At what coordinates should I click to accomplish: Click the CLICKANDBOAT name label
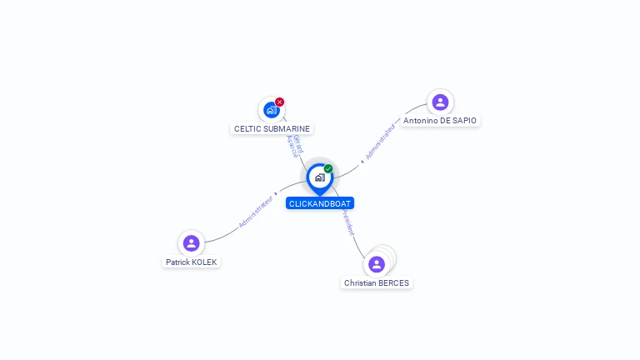(x=320, y=203)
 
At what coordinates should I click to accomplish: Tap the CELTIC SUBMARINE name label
(x=272, y=129)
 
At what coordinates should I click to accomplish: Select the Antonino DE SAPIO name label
(x=440, y=121)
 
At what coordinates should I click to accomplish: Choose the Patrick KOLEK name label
(x=191, y=262)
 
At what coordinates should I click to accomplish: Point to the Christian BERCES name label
(x=377, y=283)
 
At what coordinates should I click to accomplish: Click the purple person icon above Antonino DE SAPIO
(x=440, y=102)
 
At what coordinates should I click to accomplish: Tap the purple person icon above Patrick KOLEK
(x=191, y=243)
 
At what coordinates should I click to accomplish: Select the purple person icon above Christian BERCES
(x=377, y=264)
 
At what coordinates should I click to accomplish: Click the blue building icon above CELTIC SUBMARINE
(x=271, y=109)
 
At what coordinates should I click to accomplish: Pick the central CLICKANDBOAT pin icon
(x=319, y=177)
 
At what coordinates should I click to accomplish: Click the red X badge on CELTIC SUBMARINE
(x=280, y=102)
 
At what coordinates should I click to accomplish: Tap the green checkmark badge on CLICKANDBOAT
(x=328, y=169)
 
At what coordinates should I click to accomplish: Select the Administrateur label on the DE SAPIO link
(x=380, y=142)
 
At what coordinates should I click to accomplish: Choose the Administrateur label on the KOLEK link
(x=255, y=211)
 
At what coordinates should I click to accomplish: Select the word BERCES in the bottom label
(x=393, y=283)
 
